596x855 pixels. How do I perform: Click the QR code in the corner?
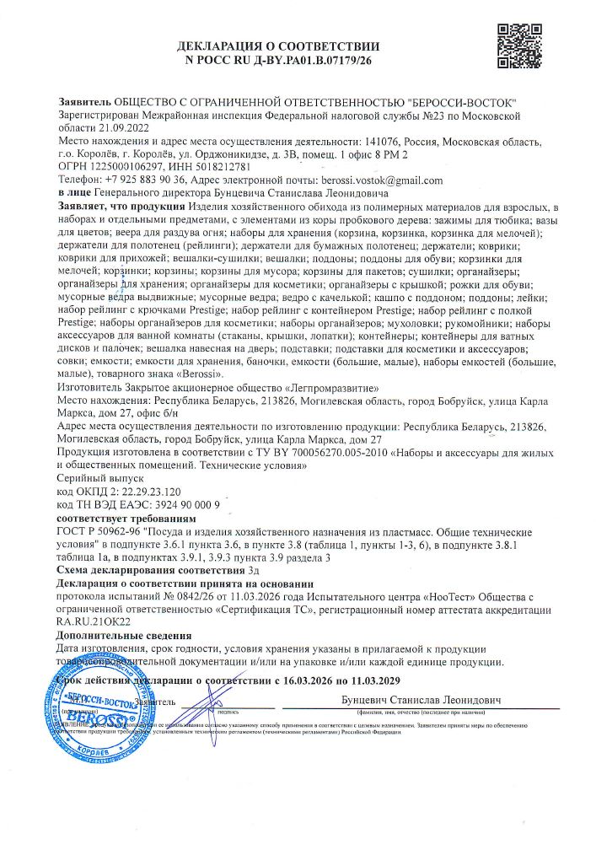(x=515, y=40)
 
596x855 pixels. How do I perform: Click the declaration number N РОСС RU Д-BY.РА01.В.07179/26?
(x=277, y=61)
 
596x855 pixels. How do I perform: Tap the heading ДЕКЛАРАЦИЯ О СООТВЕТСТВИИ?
(x=278, y=47)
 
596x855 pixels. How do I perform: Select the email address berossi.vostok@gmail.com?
(x=382, y=180)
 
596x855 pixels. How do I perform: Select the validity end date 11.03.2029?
(x=372, y=680)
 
